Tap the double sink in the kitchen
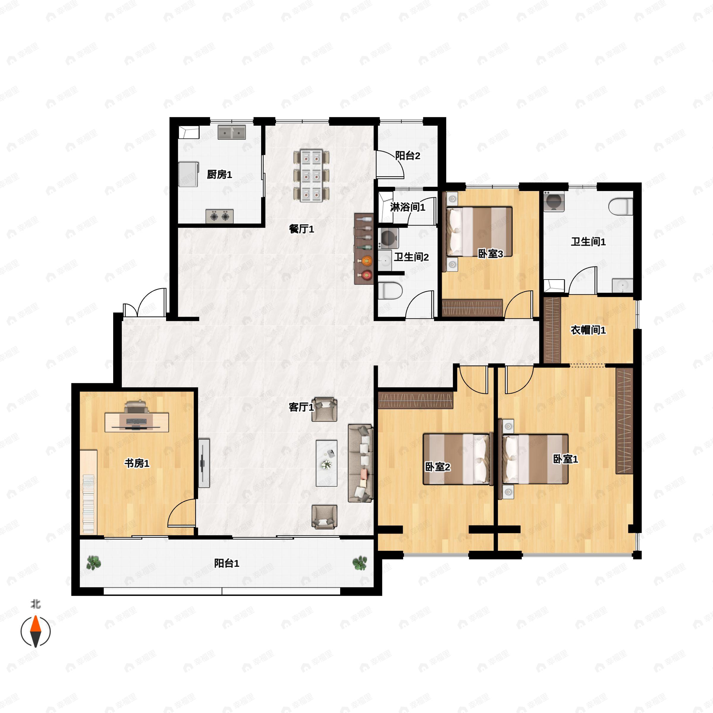231,132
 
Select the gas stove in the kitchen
220,216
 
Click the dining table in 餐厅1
311,176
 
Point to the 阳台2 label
407,156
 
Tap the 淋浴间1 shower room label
407,207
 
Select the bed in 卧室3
480,231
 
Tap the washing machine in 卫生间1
553,201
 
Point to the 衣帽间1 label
588,330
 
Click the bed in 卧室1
535,459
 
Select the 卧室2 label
438,467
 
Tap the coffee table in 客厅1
326,463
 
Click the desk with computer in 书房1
137,422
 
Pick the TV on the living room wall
204,463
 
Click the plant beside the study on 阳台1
93,563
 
